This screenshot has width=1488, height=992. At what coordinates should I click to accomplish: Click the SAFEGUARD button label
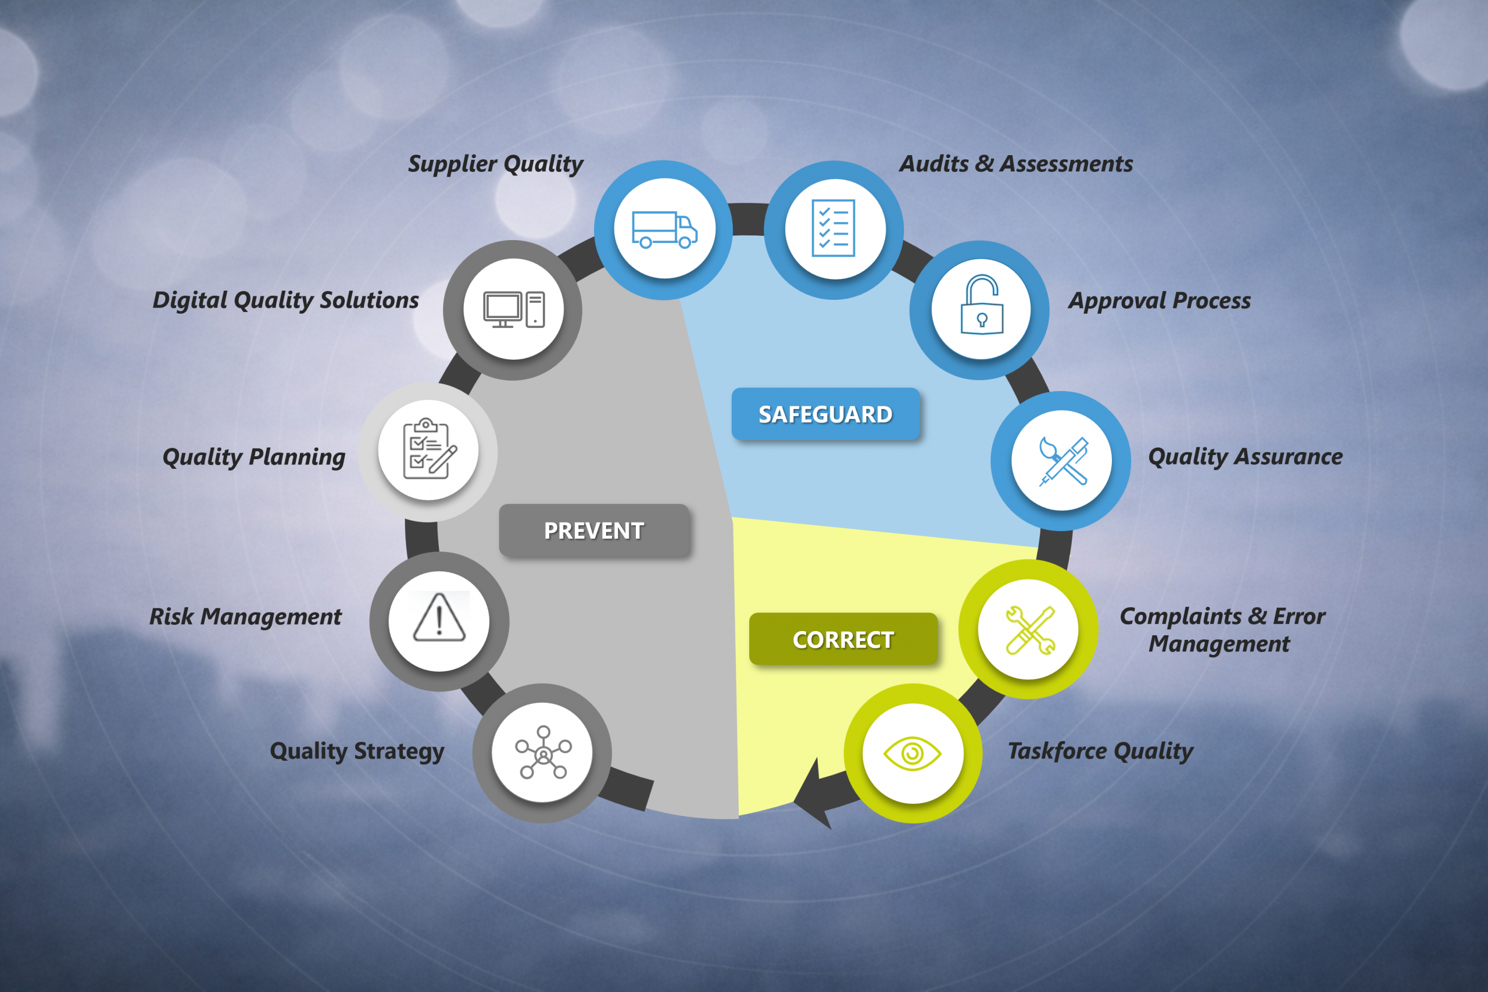825,414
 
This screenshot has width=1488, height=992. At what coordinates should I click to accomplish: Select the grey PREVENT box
594,531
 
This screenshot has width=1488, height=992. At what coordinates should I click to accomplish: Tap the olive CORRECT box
843,639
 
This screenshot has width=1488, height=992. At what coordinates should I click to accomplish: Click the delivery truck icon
665,230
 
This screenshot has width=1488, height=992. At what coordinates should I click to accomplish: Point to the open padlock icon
982,305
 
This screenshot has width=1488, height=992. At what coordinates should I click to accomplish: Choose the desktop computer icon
514,309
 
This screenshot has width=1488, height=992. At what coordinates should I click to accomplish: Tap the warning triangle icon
439,618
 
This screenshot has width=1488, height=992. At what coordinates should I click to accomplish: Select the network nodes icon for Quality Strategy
543,752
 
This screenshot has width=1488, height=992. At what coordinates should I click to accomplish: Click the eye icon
913,754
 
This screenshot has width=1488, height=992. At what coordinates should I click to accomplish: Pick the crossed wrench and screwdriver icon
1030,630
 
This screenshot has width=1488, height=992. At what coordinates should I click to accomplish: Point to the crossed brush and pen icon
1064,461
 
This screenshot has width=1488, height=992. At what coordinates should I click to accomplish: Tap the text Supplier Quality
495,164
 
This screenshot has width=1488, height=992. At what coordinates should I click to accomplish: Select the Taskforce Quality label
1100,751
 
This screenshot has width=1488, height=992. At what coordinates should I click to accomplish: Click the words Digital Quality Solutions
286,300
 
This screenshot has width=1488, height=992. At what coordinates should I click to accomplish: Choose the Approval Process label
1160,300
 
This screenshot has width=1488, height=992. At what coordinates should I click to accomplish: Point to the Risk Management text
245,617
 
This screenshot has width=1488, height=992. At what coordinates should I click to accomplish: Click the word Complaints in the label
1181,617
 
